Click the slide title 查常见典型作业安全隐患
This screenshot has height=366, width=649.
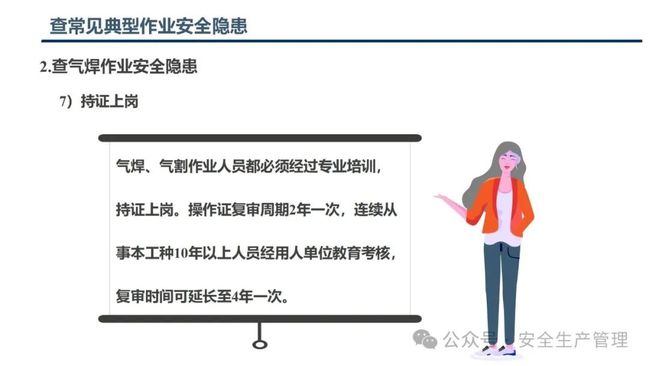148,26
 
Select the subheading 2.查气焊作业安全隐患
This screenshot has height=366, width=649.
118,66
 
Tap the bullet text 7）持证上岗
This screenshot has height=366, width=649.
99,101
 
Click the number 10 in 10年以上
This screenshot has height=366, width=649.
181,253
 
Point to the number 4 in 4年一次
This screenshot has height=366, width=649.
235,297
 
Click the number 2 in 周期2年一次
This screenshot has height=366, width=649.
293,210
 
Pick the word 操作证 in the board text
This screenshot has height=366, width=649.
210,210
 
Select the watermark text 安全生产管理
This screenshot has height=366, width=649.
573,340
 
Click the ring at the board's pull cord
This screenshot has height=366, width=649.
260,344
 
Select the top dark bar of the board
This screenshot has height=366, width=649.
260,138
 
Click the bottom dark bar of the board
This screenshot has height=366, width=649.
260,319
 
